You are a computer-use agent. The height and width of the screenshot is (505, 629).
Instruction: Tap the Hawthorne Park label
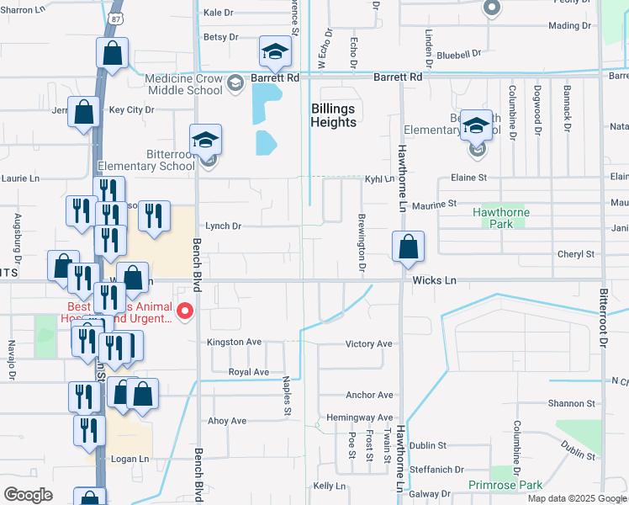pos(499,219)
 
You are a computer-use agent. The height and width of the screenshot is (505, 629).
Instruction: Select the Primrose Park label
pos(516,485)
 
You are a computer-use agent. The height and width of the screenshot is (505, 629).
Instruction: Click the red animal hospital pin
pos(186,313)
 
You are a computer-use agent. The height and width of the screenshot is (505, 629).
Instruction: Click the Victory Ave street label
pos(369,344)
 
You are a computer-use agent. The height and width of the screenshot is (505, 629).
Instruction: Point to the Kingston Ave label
pos(235,342)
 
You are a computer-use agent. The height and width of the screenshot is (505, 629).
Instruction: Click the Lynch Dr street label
pos(223,226)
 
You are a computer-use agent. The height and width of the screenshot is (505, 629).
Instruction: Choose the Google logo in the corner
pos(28,495)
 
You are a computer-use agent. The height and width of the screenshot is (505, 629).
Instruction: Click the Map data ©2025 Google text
pos(576,498)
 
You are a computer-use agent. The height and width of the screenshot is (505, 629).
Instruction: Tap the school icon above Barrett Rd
pos(275,52)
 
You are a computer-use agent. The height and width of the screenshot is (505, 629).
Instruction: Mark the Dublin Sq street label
pos(432,446)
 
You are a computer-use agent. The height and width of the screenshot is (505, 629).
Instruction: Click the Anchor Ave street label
pos(369,395)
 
